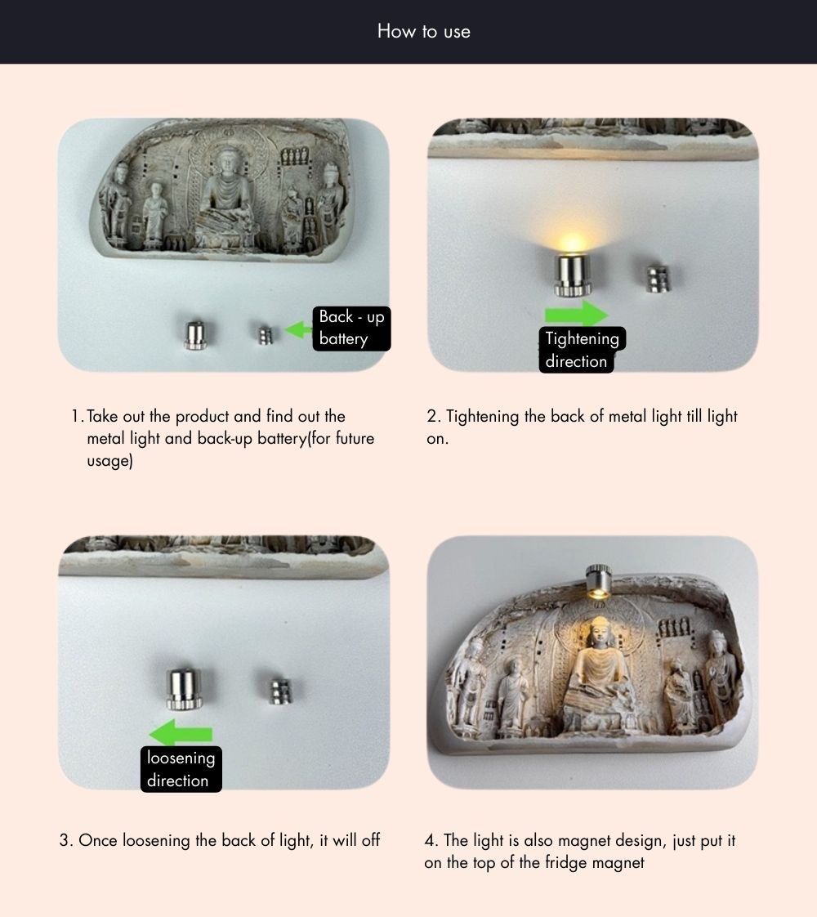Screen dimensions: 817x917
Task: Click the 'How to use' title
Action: click(x=424, y=31)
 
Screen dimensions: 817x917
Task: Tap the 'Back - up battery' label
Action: click(x=352, y=329)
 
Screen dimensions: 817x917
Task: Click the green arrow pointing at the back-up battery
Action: click(x=298, y=330)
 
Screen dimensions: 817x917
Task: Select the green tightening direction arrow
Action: click(x=576, y=314)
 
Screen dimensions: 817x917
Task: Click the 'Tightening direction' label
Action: click(x=582, y=350)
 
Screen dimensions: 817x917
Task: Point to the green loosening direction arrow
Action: click(x=181, y=733)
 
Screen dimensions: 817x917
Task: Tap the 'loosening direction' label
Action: click(x=181, y=769)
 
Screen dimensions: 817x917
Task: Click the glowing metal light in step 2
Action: click(x=573, y=275)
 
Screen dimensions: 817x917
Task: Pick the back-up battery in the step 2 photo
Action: click(x=658, y=279)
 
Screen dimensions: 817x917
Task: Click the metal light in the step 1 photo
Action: click(x=195, y=335)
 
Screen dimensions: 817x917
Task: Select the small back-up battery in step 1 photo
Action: click(x=266, y=336)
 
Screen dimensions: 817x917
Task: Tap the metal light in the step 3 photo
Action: click(x=184, y=688)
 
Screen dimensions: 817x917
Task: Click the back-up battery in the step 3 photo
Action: click(x=280, y=692)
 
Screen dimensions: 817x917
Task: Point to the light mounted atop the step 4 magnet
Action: click(x=598, y=581)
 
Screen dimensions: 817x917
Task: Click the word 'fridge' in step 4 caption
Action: click(x=566, y=862)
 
